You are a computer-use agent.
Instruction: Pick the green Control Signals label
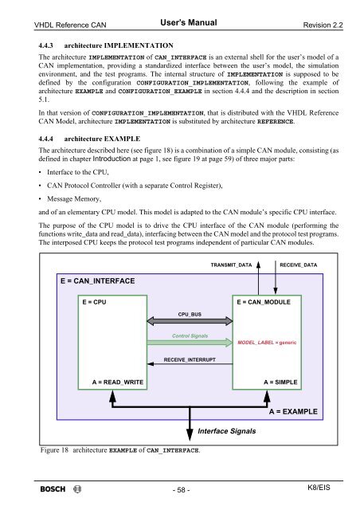pos(190,336)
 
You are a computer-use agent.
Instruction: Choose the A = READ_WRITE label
pos(118,382)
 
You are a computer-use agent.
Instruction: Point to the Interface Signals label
pos(226,431)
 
